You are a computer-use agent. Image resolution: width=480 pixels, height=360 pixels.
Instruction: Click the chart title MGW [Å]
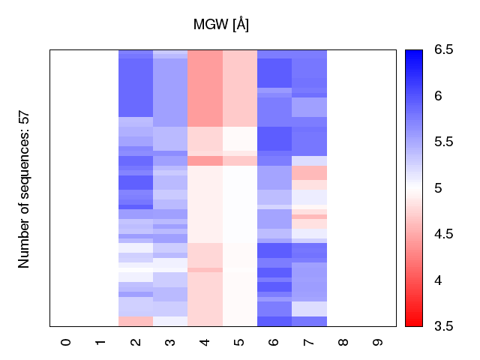click(x=221, y=25)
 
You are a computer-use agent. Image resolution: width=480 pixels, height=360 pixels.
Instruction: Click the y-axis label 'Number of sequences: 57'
click(x=25, y=189)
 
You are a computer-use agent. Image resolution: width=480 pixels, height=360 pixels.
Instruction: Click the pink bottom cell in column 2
click(x=136, y=322)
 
